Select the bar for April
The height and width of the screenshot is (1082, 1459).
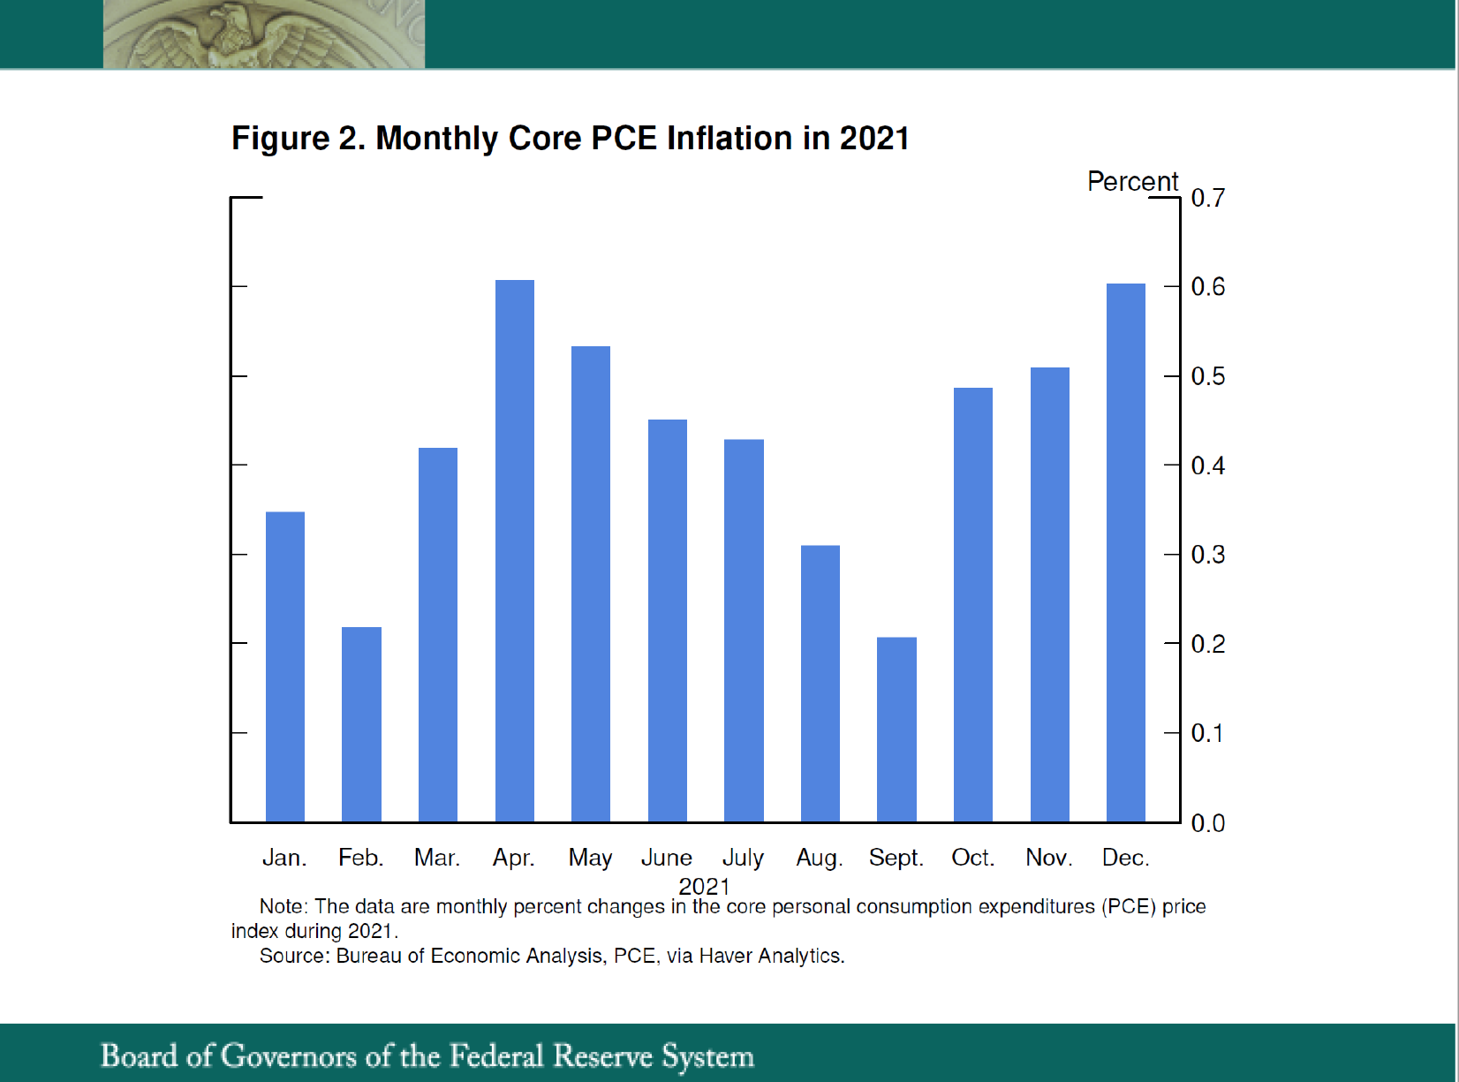[x=514, y=551]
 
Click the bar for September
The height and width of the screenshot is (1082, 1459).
[x=896, y=730]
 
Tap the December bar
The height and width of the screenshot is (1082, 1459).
[x=1125, y=553]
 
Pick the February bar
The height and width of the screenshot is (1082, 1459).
[x=361, y=724]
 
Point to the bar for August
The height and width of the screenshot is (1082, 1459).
[x=820, y=684]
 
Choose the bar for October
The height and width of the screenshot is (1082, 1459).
[x=972, y=605]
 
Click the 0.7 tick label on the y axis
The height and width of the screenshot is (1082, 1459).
[x=1207, y=198]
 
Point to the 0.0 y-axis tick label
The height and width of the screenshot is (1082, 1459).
[x=1207, y=823]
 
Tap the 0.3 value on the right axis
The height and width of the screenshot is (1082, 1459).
[x=1207, y=555]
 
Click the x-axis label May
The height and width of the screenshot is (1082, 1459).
[x=590, y=858]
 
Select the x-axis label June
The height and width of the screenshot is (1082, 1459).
[x=666, y=858]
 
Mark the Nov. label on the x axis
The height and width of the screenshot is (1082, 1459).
[x=1048, y=858]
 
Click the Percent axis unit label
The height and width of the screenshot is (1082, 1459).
[x=1132, y=181]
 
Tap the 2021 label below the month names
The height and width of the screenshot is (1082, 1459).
[x=704, y=885]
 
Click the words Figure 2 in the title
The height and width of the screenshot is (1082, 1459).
[x=298, y=139]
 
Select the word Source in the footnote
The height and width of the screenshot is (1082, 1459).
[x=293, y=956]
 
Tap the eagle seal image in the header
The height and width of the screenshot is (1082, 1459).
[x=263, y=34]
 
